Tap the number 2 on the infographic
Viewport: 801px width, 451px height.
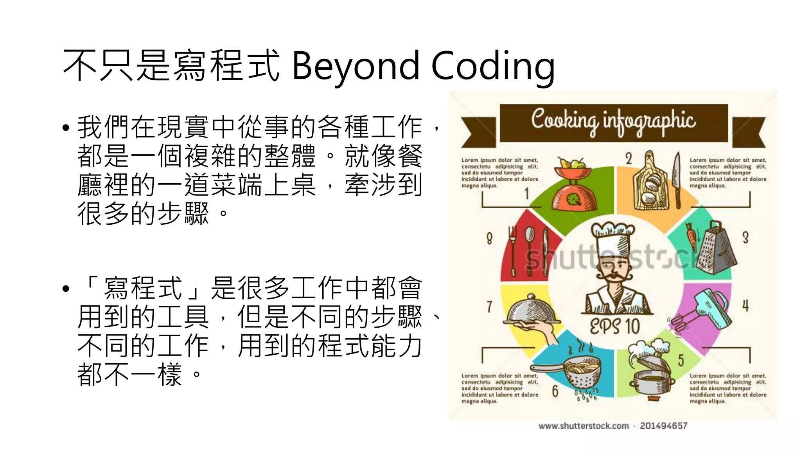click(x=629, y=159)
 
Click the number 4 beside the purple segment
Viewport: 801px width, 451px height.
click(x=745, y=305)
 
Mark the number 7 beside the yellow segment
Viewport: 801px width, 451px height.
click(x=489, y=306)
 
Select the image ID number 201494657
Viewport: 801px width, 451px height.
click(x=663, y=426)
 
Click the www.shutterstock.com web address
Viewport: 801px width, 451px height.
click(x=584, y=426)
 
